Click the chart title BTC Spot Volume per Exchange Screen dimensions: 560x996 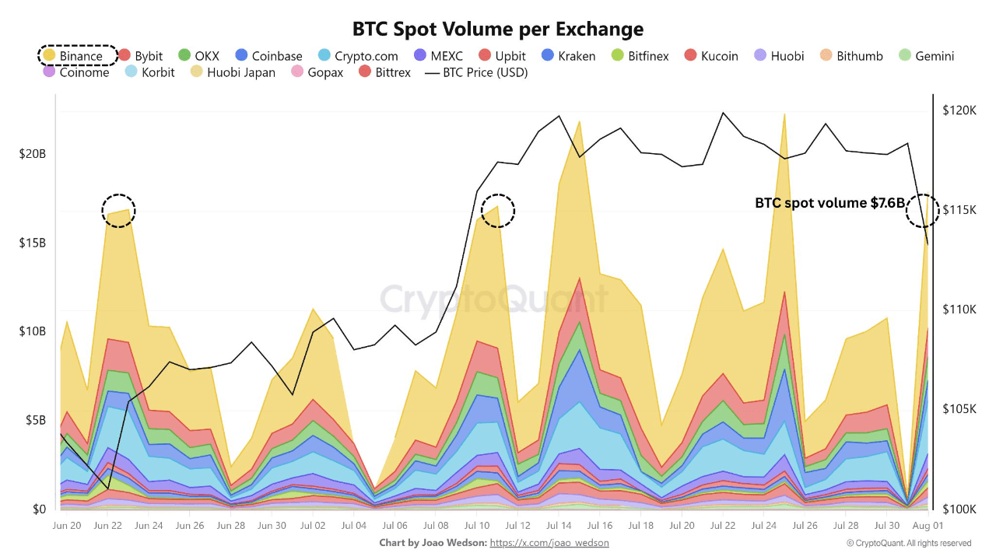point(498,30)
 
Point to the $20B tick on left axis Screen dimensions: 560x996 point(32,154)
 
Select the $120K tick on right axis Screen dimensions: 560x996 point(958,111)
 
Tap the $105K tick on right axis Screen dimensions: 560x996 point(958,409)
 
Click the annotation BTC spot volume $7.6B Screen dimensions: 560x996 point(829,203)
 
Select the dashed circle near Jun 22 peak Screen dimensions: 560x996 point(118,210)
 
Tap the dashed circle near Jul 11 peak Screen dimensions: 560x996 point(498,210)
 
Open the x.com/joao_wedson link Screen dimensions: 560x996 point(549,543)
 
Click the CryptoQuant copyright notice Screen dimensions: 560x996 point(909,543)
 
